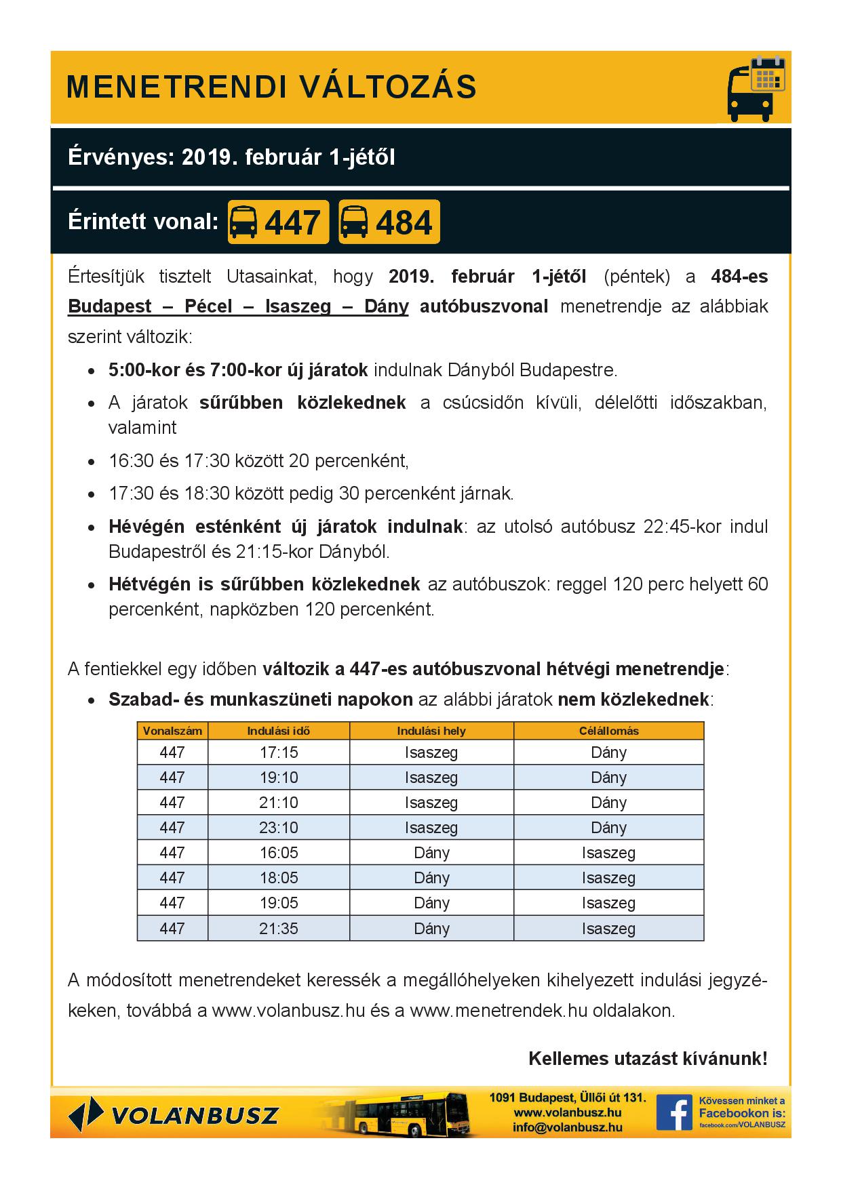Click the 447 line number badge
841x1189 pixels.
278,222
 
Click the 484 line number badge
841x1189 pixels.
389,222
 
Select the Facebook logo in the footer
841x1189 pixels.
673,1112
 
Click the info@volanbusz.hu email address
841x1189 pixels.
568,1127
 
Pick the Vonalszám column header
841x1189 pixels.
172,731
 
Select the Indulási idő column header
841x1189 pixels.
279,731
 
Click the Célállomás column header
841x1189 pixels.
608,731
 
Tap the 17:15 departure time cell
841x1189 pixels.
279,752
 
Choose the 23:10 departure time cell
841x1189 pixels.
279,828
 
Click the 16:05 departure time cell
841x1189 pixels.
279,853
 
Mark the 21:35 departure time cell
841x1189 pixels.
279,928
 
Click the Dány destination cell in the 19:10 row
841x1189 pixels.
608,778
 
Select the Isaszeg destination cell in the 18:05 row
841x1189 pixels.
608,878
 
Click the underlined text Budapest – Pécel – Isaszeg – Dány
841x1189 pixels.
238,306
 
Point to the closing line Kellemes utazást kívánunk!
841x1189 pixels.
648,1059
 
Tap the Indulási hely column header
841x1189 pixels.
431,731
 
